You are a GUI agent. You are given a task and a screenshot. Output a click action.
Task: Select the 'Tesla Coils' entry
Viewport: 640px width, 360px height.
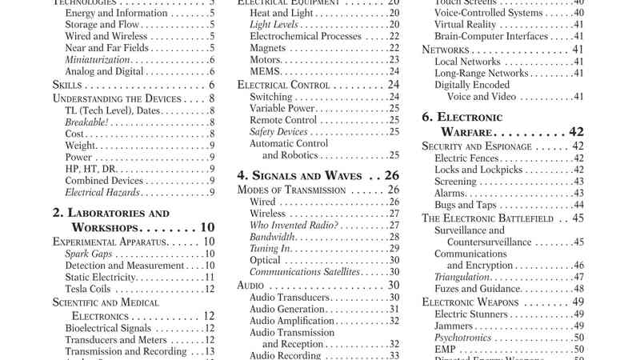89,289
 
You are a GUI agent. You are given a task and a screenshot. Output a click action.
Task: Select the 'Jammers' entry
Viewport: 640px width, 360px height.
453,326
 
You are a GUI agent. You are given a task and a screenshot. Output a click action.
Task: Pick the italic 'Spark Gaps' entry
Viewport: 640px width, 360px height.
89,254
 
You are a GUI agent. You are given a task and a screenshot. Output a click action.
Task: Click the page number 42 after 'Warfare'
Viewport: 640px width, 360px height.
576,131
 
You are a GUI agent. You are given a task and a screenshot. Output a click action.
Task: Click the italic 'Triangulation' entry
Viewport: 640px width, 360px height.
462,277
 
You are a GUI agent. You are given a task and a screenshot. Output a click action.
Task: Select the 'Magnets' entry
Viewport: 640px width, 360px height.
268,48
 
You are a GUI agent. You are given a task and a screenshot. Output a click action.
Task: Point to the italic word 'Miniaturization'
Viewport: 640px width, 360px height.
98,60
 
